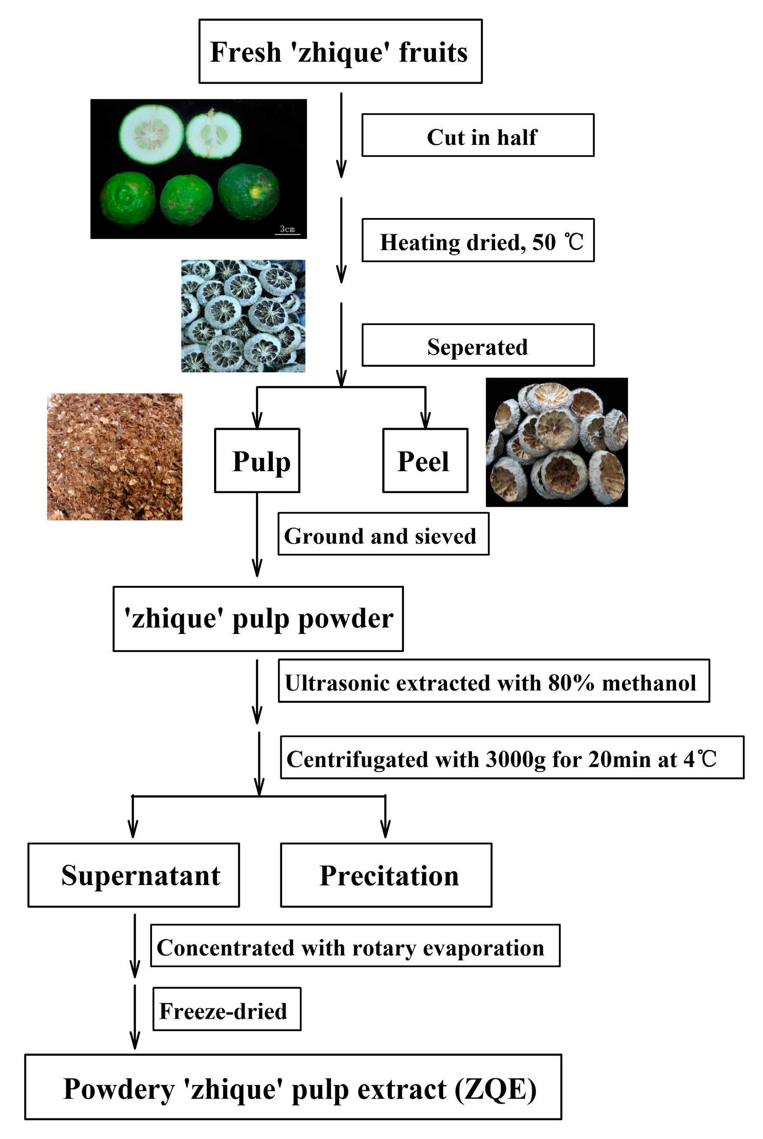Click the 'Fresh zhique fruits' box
[x=340, y=51]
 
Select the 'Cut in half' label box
[x=477, y=135]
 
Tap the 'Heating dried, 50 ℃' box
[x=477, y=240]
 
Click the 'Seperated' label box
[x=477, y=345]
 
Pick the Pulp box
[x=257, y=460]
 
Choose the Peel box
[x=425, y=460]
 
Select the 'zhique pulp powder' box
[x=258, y=619]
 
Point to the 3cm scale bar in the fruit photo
[x=287, y=230]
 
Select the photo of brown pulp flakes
[x=114, y=457]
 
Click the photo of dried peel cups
[x=556, y=442]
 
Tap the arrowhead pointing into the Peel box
[x=425, y=420]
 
